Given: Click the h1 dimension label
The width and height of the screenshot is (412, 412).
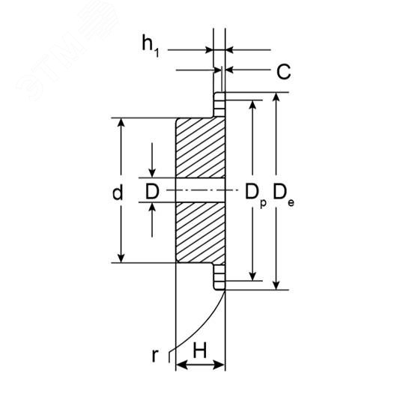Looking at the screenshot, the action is [x=151, y=46].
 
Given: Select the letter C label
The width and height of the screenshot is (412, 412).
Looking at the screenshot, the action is [x=284, y=71].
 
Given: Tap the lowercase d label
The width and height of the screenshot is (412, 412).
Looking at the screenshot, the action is [x=118, y=192].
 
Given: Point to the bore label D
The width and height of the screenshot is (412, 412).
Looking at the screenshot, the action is [x=152, y=192].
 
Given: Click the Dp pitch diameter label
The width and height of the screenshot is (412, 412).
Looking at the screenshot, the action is [x=255, y=196].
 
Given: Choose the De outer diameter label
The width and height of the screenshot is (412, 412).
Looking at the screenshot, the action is [x=283, y=195].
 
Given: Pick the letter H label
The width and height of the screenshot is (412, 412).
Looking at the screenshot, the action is [x=200, y=351].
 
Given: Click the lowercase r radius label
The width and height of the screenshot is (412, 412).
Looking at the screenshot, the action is [x=155, y=356].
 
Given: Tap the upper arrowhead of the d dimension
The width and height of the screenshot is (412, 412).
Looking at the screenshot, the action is [x=121, y=122].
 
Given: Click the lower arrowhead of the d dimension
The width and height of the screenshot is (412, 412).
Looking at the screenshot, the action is [x=121, y=258].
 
